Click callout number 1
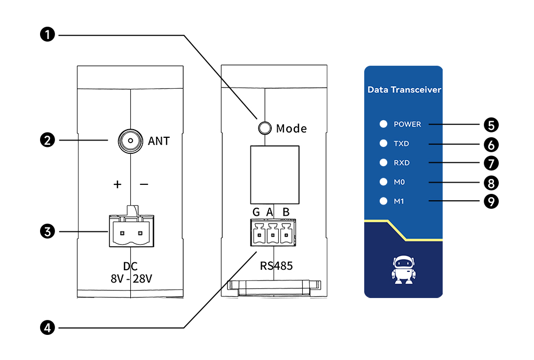[x=48, y=35]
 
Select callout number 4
[x=48, y=327]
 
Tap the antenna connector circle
[x=129, y=140]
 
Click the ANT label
[x=159, y=141]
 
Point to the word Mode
[x=292, y=129]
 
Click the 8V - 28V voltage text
[x=131, y=278]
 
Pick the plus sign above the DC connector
[x=117, y=184]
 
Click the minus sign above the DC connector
[x=144, y=184]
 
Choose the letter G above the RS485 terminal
[x=256, y=212]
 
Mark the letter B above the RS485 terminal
[x=286, y=212]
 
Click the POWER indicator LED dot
[x=383, y=124]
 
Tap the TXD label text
[x=401, y=144]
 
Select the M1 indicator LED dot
[x=383, y=201]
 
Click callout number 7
[x=491, y=163]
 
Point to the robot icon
[x=403, y=270]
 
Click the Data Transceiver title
[x=404, y=90]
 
